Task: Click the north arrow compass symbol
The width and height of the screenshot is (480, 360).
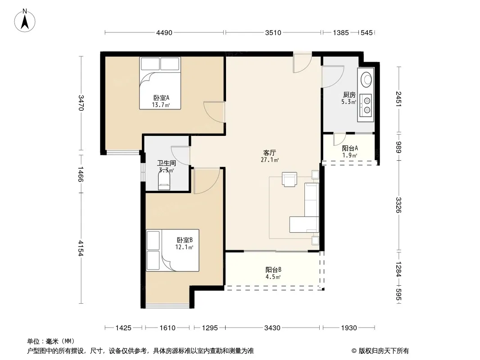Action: pyautogui.click(x=25, y=20)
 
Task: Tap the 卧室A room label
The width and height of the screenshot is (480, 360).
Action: pyautogui.click(x=161, y=98)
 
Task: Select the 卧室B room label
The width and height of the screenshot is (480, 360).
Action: pyautogui.click(x=185, y=240)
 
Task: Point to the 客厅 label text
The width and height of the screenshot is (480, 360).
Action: pyautogui.click(x=270, y=153)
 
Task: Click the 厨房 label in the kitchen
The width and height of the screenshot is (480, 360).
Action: pyautogui.click(x=349, y=95)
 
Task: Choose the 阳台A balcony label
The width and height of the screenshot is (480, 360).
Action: pyautogui.click(x=350, y=148)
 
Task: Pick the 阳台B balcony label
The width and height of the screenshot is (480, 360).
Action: pyautogui.click(x=273, y=270)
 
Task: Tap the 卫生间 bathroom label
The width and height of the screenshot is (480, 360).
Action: pyautogui.click(x=167, y=163)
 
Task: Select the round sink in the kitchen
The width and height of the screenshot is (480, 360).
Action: pyautogui.click(x=366, y=79)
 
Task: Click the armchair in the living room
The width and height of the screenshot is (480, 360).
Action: pyautogui.click(x=289, y=179)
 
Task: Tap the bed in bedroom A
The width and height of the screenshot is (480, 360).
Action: pyautogui.click(x=160, y=83)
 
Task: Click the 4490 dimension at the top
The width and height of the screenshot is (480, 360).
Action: pyautogui.click(x=164, y=33)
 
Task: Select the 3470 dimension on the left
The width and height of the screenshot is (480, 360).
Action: pyautogui.click(x=81, y=103)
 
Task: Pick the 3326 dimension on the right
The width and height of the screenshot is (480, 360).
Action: pyautogui.click(x=398, y=205)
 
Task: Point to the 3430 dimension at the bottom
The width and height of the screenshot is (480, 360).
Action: pyautogui.click(x=272, y=328)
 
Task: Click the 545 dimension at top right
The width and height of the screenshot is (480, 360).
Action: pyautogui.click(x=367, y=33)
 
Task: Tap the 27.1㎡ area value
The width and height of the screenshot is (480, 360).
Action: pyautogui.click(x=270, y=160)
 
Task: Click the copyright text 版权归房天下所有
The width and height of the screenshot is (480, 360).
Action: pyautogui.click(x=384, y=351)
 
